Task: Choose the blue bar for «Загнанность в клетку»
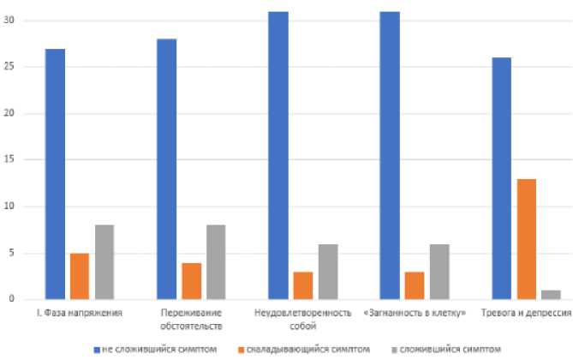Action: pos(390,155)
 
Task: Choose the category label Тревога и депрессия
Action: pos(523,314)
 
